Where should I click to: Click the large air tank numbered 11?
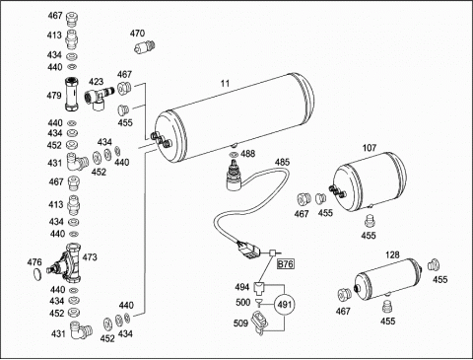[x=234, y=118]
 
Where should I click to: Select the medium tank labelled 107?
[x=371, y=180]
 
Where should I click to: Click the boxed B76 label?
[x=286, y=264]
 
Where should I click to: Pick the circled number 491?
[x=285, y=305]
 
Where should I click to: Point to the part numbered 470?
[x=145, y=47]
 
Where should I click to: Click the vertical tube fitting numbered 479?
[x=71, y=95]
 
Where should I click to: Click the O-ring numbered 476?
[x=38, y=273]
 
